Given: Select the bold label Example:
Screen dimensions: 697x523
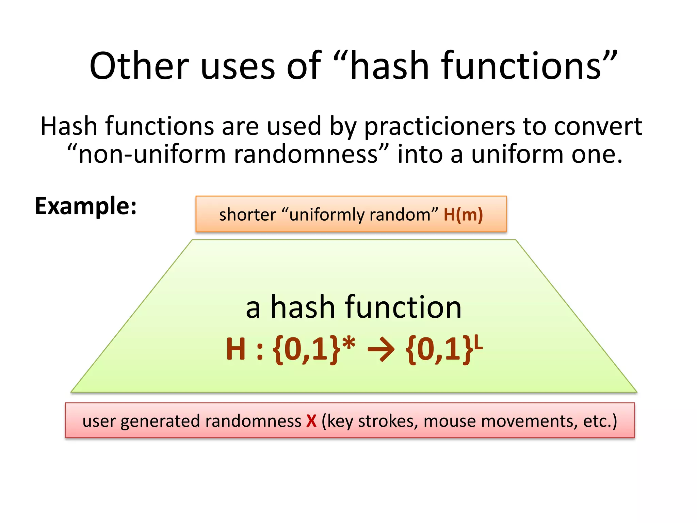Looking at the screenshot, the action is (x=86, y=206).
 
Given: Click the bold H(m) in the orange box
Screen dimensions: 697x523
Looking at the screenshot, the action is (x=463, y=215).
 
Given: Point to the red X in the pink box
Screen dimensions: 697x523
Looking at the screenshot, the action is (x=311, y=421).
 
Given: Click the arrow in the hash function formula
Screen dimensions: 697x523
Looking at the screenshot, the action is (x=381, y=349).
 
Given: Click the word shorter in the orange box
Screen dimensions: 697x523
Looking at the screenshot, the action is (x=247, y=215).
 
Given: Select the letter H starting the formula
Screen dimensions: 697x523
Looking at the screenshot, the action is (x=236, y=349).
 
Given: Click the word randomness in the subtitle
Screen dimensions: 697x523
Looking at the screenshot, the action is (x=306, y=154).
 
